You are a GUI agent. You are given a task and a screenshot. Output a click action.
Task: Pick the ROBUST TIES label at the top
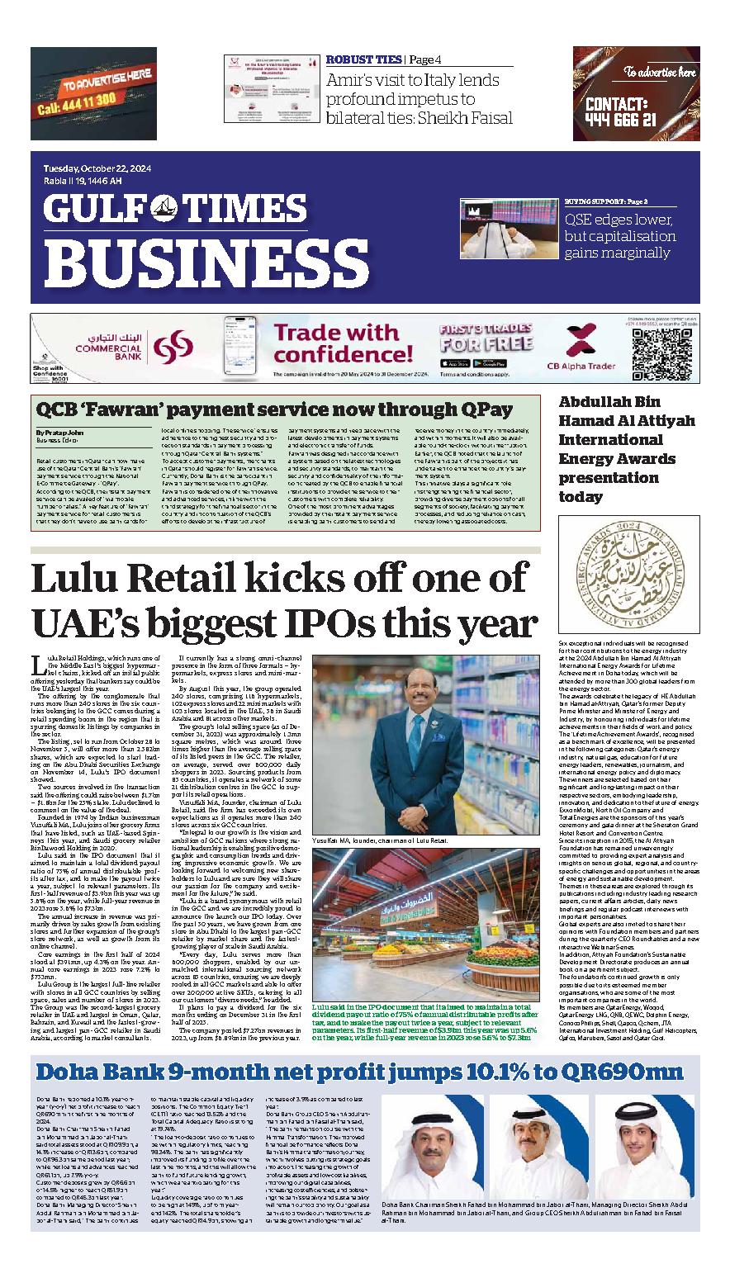click(x=363, y=59)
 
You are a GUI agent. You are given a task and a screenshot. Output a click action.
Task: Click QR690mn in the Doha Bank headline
click(x=625, y=1072)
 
